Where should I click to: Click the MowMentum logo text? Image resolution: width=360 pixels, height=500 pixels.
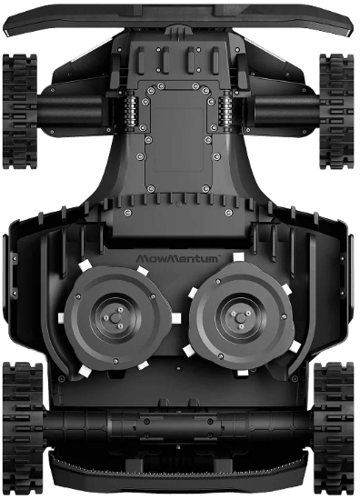click(x=180, y=259)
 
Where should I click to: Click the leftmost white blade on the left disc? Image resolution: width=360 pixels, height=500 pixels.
click(x=61, y=318)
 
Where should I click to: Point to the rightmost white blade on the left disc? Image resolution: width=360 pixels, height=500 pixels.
click(x=172, y=317)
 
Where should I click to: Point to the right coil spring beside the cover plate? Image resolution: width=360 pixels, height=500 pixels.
click(x=222, y=113)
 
